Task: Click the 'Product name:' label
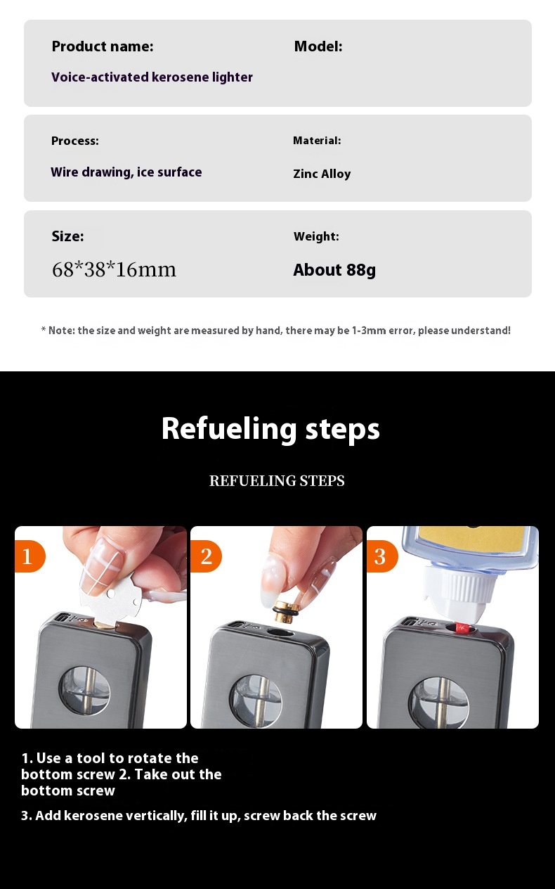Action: (x=103, y=46)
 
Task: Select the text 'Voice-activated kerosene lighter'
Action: (x=152, y=77)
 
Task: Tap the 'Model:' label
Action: (x=318, y=46)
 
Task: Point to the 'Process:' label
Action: (x=75, y=141)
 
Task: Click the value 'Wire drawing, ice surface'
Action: (x=126, y=172)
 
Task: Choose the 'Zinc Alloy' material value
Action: (x=322, y=174)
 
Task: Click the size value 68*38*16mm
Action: (x=114, y=269)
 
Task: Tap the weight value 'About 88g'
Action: (x=334, y=270)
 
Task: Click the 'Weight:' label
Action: (x=316, y=236)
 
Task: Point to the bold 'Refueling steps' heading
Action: (x=270, y=430)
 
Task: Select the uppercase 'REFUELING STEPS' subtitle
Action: (x=277, y=480)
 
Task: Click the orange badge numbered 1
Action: (x=30, y=556)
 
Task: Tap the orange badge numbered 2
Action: (x=206, y=556)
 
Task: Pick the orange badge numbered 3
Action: (x=381, y=556)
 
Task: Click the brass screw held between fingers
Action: (x=285, y=610)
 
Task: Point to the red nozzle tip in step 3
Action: (x=462, y=627)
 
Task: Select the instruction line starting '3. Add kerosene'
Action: (x=199, y=816)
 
